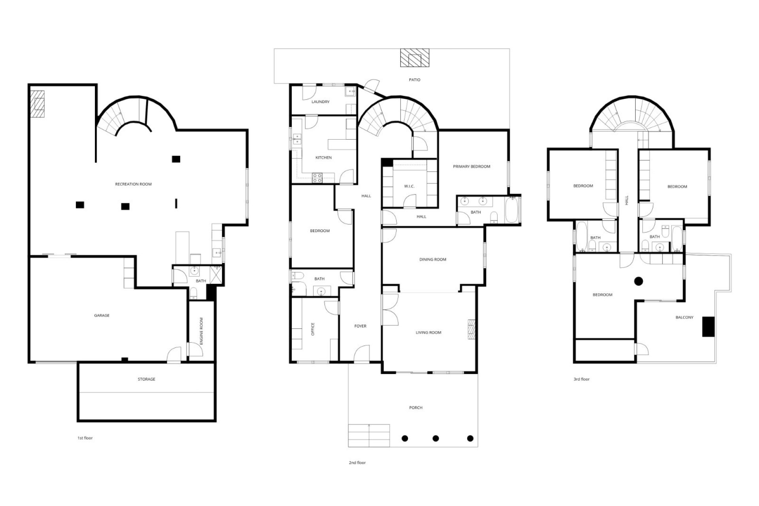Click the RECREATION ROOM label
coord(133,184)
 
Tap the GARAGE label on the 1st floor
coord(102,315)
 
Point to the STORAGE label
coord(146,379)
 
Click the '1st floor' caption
coord(85,438)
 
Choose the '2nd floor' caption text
coord(357,463)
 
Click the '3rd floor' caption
coord(582,379)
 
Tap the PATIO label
coord(415,80)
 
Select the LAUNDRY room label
coord(320,102)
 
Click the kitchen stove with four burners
coord(317,178)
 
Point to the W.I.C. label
coord(409,186)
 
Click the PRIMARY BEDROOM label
coord(472,166)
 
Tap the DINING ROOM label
coord(433,260)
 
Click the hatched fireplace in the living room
coord(471,329)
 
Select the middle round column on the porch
coord(436,438)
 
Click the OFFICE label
coord(313,329)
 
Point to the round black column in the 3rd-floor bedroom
coord(638,281)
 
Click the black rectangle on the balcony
coord(708,327)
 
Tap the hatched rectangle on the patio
coord(414,58)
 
